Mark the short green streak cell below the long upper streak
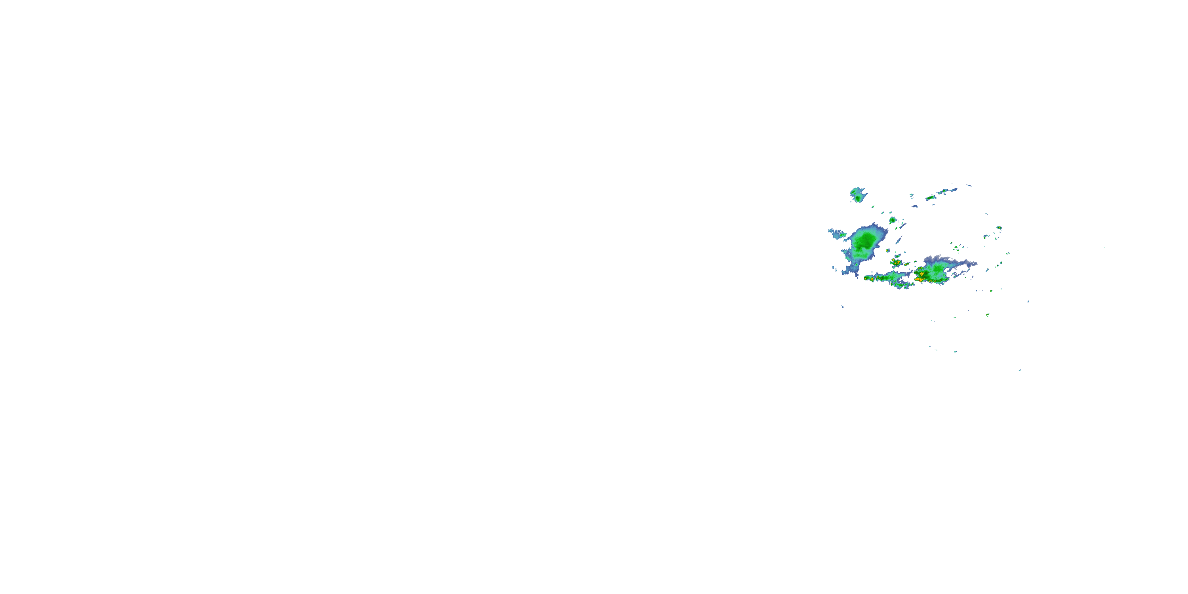pyautogui.click(x=930, y=198)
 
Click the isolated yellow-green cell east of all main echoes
pyautogui.click(x=999, y=228)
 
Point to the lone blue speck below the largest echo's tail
pyautogui.click(x=843, y=306)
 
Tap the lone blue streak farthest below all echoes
pyautogui.click(x=1020, y=370)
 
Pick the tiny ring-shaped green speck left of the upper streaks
pyautogui.click(x=911, y=195)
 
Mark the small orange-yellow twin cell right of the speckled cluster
pyautogui.click(x=907, y=263)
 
